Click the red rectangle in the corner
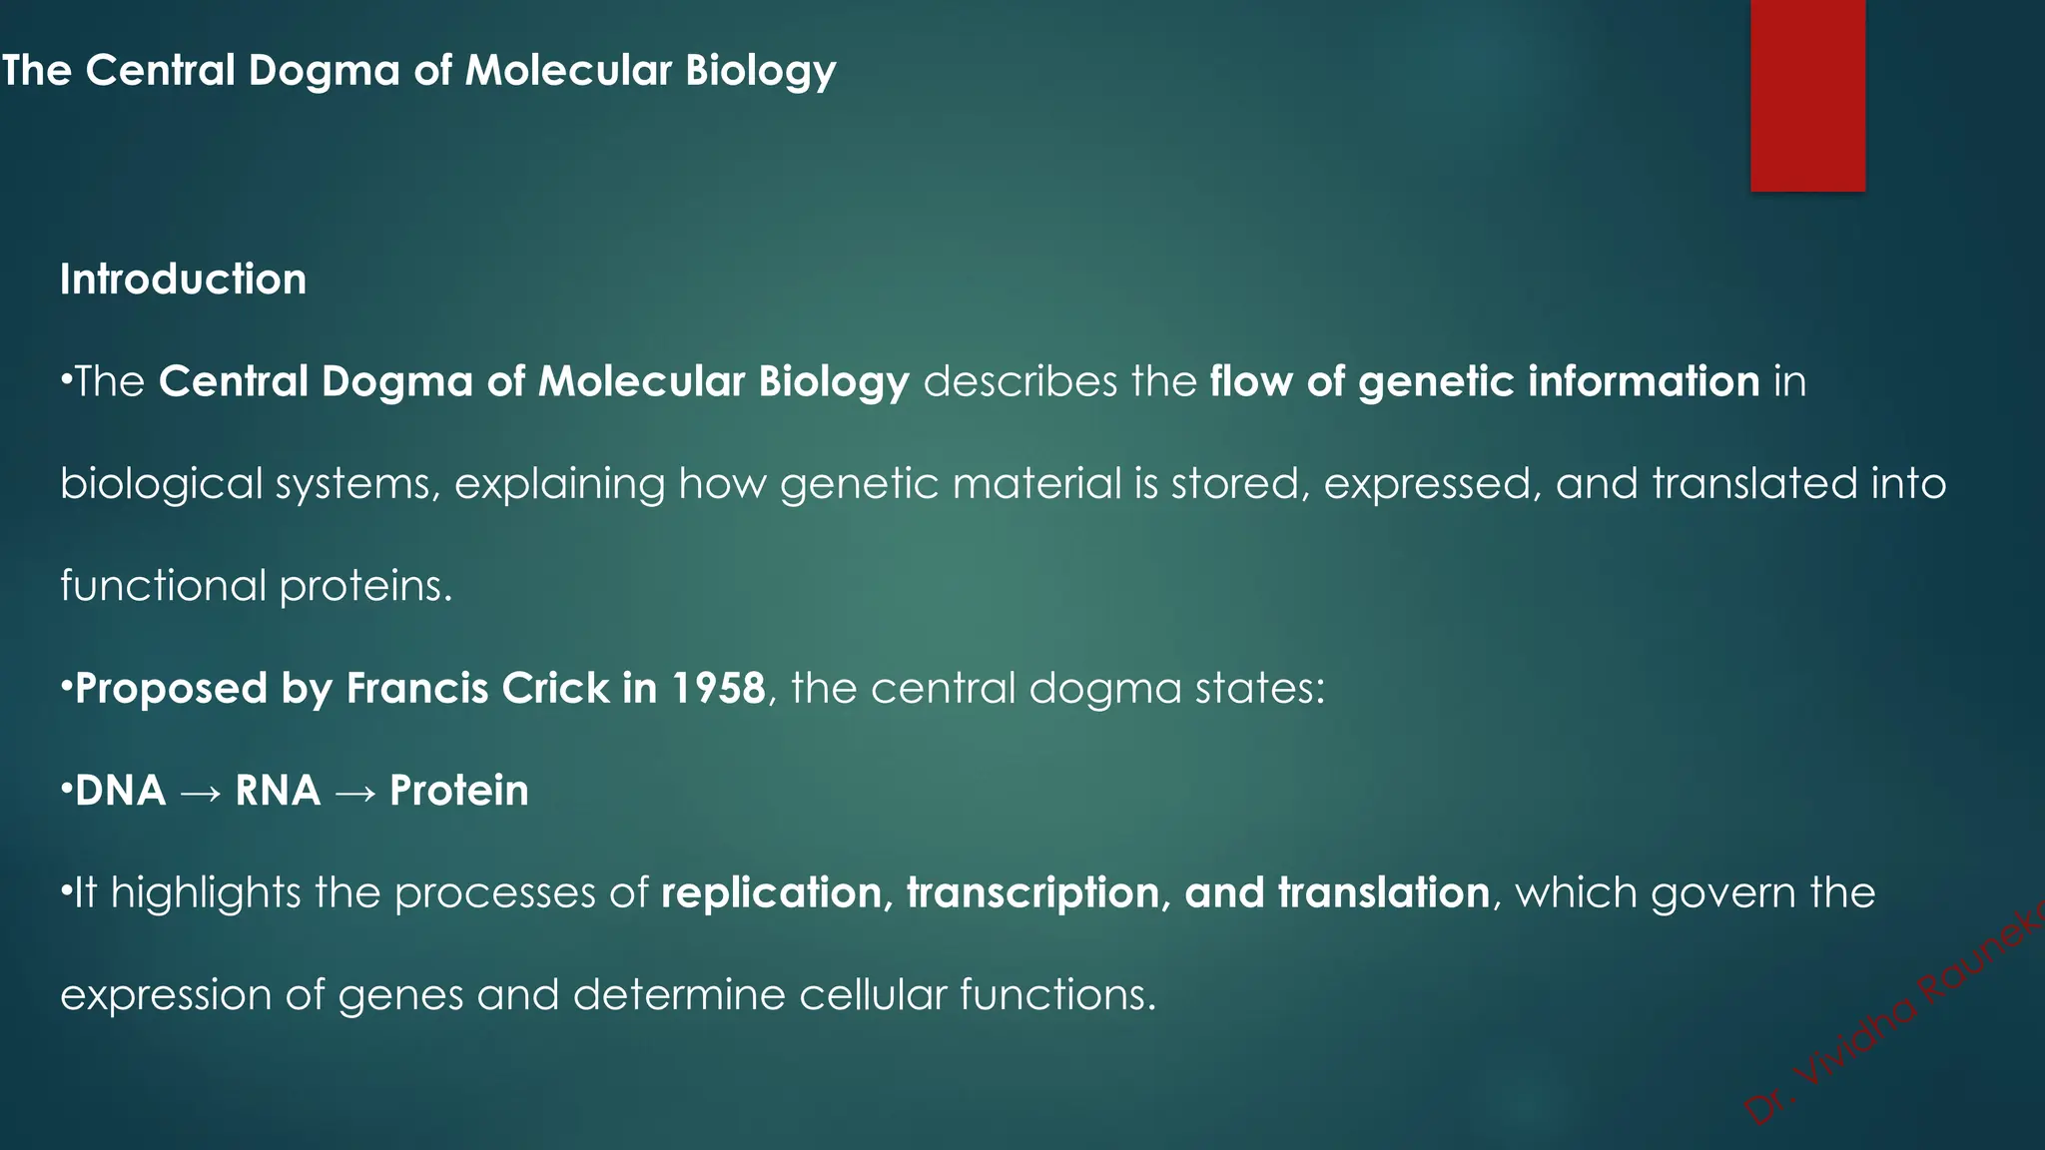click(1807, 95)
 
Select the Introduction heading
click(184, 280)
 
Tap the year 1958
click(718, 688)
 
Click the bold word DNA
click(121, 791)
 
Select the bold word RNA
click(278, 791)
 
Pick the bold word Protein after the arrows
click(459, 791)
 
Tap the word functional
click(162, 586)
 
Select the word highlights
click(205, 893)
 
